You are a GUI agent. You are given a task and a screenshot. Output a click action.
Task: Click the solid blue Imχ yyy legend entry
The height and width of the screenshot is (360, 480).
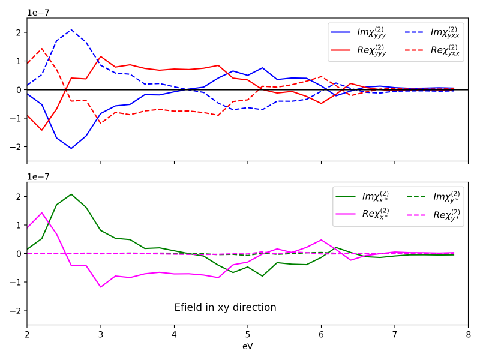click(358, 32)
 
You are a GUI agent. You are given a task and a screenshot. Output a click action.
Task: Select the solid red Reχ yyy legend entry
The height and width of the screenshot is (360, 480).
click(358, 50)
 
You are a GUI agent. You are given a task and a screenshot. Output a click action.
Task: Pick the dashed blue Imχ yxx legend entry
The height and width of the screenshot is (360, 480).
click(432, 32)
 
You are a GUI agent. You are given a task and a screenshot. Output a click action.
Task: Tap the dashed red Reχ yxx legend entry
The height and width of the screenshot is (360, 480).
click(432, 50)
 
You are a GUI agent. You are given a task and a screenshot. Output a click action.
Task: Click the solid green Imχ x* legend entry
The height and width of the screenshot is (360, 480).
click(362, 197)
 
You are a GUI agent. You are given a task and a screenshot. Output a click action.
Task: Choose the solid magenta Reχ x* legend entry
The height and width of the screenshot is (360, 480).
click(362, 214)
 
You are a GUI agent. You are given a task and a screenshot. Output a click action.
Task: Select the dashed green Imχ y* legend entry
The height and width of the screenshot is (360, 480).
click(434, 197)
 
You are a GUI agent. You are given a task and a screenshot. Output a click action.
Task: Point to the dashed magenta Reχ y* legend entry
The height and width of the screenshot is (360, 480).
click(434, 215)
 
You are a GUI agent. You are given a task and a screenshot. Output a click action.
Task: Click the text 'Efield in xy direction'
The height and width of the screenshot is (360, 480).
click(226, 307)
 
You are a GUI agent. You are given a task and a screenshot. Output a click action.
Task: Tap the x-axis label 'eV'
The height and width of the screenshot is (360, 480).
click(248, 346)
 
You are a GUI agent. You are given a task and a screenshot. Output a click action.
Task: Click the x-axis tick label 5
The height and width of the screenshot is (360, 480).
click(248, 335)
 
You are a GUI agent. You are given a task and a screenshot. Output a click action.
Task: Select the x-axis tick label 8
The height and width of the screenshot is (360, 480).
click(468, 335)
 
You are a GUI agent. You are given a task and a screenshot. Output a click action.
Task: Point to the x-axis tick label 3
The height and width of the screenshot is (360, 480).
click(101, 335)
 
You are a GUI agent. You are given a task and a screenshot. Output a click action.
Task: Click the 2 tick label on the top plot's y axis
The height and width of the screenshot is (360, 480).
click(19, 32)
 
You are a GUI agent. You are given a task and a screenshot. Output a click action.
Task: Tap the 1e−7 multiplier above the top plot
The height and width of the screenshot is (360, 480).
click(38, 13)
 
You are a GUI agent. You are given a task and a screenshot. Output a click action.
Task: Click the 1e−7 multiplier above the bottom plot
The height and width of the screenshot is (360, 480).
click(38, 176)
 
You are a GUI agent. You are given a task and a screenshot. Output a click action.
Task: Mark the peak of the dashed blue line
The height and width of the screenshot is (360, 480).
click(71, 29)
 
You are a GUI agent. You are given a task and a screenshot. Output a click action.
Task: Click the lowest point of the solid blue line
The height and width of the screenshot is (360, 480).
click(71, 148)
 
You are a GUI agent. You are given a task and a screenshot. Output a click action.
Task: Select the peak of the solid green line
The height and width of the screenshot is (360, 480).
click(71, 194)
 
